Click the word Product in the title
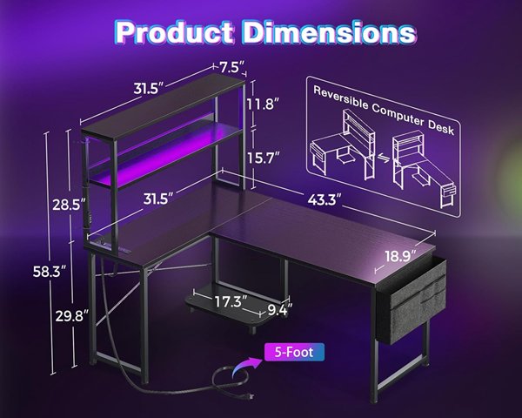pos(175,32)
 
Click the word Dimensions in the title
pos(329,32)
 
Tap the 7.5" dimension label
pos(230,68)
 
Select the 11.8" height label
pos(263,104)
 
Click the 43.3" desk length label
pos(325,200)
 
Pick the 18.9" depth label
pos(401,256)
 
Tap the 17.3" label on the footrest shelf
pos(231,301)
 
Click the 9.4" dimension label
pos(280,310)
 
